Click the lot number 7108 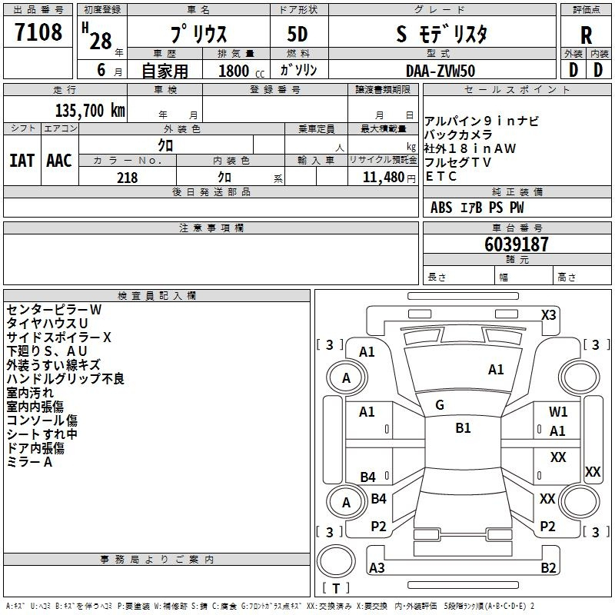tap(38, 32)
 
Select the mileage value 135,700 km tap(90, 111)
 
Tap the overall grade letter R tap(586, 35)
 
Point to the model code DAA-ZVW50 tap(440, 71)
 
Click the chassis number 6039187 tap(516, 244)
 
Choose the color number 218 tap(128, 178)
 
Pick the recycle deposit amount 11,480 tap(383, 178)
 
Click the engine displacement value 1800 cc tap(241, 71)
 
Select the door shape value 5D tap(298, 35)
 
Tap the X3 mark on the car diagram tap(548, 315)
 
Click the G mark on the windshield tap(440, 405)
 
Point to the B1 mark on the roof tap(463, 428)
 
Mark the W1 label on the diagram tap(558, 412)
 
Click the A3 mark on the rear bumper tap(377, 568)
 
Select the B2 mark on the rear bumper tap(548, 568)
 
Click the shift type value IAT tap(22, 161)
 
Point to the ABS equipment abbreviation tap(441, 208)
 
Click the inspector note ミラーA tap(29, 462)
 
